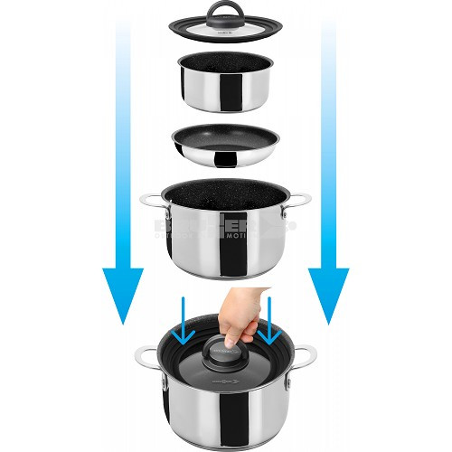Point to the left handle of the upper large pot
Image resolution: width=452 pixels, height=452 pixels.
pos(149,205)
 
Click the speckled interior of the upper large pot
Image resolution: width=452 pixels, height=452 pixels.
pos(226,194)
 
